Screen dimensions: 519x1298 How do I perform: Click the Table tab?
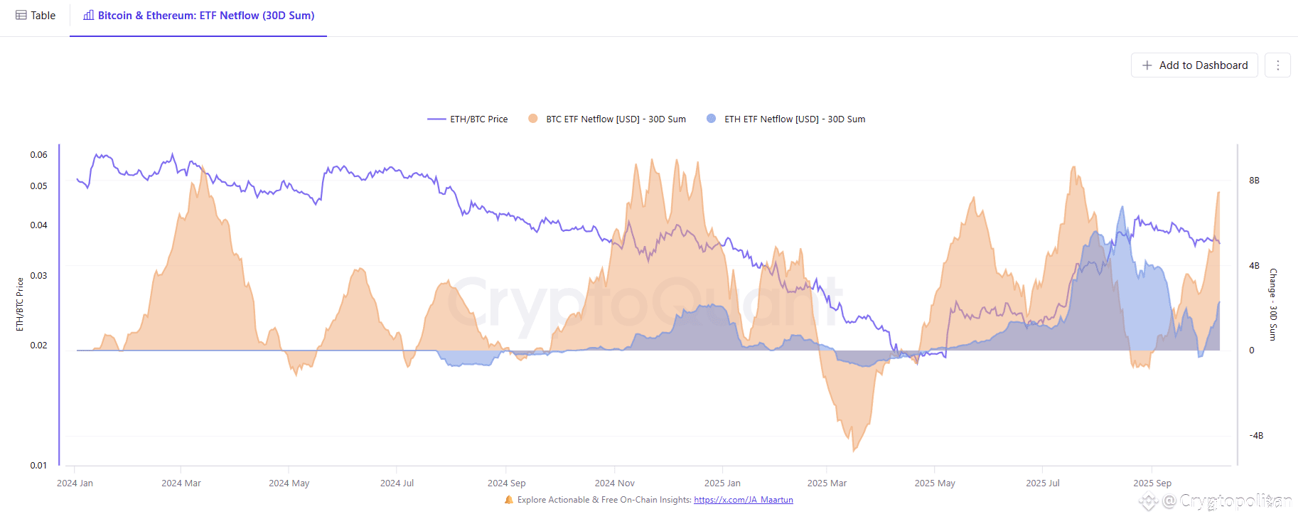pyautogui.click(x=36, y=16)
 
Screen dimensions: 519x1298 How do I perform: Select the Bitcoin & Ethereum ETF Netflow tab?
pyautogui.click(x=199, y=16)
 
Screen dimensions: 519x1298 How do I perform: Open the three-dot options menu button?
pyautogui.click(x=1277, y=65)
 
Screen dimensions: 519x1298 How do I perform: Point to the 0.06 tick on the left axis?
pyautogui.click(x=38, y=155)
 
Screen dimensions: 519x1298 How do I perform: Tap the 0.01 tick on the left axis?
pyautogui.click(x=38, y=466)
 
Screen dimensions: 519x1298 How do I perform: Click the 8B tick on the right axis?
pyautogui.click(x=1254, y=181)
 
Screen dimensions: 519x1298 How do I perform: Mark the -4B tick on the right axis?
pyautogui.click(x=1256, y=436)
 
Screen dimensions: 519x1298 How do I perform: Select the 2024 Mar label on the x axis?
pyautogui.click(x=181, y=483)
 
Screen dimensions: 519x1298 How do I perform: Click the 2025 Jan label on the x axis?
pyautogui.click(x=722, y=483)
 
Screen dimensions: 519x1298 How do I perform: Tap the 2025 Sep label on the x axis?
pyautogui.click(x=1152, y=483)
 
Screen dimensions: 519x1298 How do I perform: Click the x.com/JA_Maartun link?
pyautogui.click(x=743, y=500)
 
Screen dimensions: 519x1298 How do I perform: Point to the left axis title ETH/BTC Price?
pyautogui.click(x=20, y=304)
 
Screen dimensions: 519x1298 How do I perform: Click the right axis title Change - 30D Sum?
pyautogui.click(x=1273, y=304)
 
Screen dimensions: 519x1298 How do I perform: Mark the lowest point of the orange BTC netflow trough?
pyautogui.click(x=854, y=451)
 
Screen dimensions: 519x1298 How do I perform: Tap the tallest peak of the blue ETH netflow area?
pyautogui.click(x=1122, y=207)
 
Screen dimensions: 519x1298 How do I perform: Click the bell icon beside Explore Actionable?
pyautogui.click(x=509, y=500)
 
